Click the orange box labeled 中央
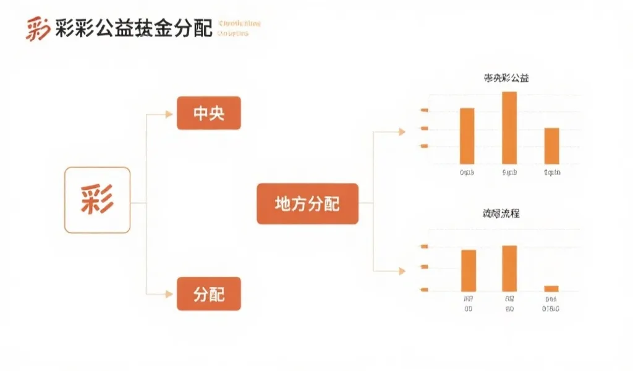(x=208, y=114)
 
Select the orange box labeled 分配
(x=208, y=294)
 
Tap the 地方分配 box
(x=307, y=203)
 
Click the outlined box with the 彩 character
(x=97, y=200)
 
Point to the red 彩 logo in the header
(x=37, y=28)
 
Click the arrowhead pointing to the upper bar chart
(x=402, y=131)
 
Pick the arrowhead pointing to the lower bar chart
(x=402, y=271)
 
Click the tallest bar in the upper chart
(x=509, y=127)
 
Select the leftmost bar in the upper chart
(x=467, y=136)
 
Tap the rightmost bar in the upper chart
(x=551, y=146)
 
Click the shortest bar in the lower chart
(x=551, y=288)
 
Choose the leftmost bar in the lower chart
(x=469, y=270)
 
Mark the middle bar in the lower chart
(x=509, y=268)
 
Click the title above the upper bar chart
(x=506, y=79)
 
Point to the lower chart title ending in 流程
(x=501, y=213)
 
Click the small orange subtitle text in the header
(x=239, y=28)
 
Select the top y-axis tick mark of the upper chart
(x=424, y=110)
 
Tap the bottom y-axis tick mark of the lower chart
(x=424, y=289)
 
